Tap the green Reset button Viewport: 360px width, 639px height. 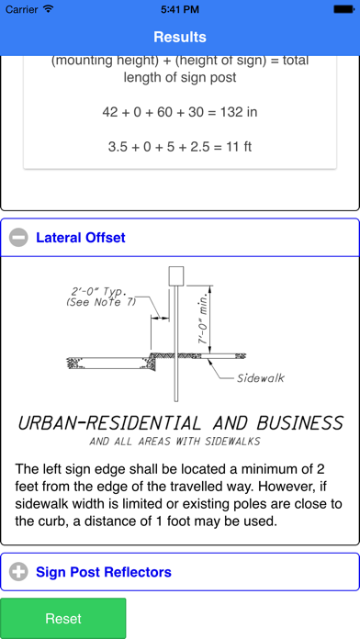click(x=63, y=618)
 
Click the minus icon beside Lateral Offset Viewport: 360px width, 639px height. click(x=18, y=238)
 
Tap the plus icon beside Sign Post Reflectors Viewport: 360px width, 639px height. click(x=18, y=572)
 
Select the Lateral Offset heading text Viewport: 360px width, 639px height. click(x=81, y=238)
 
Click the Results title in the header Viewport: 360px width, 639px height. click(x=180, y=37)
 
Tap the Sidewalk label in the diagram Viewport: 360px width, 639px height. click(x=261, y=378)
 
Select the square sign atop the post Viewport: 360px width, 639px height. click(x=176, y=276)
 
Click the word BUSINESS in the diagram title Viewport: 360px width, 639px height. click(x=299, y=423)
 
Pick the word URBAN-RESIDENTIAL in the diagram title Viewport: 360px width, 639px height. click(x=109, y=423)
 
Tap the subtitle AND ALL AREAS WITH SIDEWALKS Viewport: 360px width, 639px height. click(x=174, y=442)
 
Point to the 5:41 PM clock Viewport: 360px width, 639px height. click(x=180, y=9)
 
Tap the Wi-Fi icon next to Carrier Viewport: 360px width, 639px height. click(x=48, y=8)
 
